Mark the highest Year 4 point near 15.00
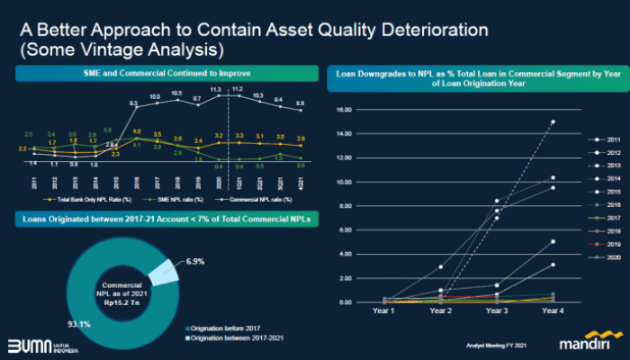point(553,121)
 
